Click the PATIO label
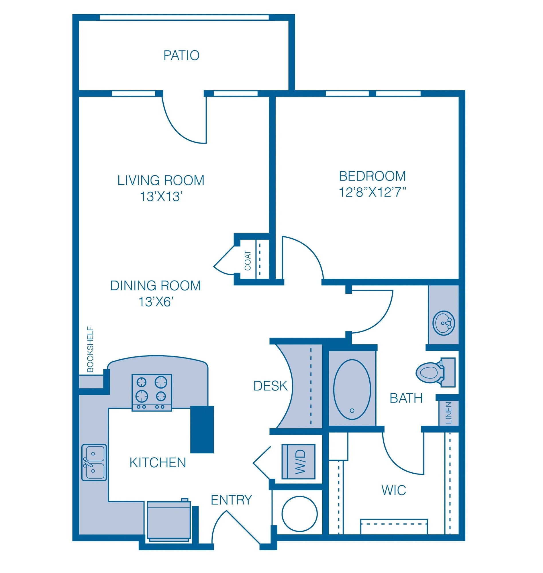click(x=181, y=55)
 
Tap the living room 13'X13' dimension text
click(x=161, y=197)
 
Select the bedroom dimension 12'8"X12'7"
click(x=372, y=192)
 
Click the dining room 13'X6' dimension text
click(x=156, y=302)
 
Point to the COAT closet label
click(x=248, y=261)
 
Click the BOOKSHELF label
click(x=90, y=349)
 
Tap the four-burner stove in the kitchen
click(x=152, y=393)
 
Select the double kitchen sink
click(x=94, y=462)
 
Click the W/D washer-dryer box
click(x=298, y=462)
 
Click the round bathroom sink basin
click(x=444, y=323)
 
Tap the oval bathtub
click(x=352, y=390)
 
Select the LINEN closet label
click(x=449, y=413)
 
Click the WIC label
click(x=394, y=490)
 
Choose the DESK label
click(x=270, y=386)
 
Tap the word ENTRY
click(x=231, y=500)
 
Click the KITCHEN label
click(x=158, y=463)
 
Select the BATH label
click(x=406, y=398)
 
